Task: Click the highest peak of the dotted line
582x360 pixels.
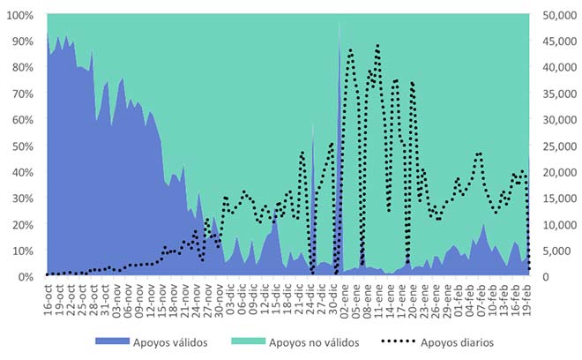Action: (x=377, y=46)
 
